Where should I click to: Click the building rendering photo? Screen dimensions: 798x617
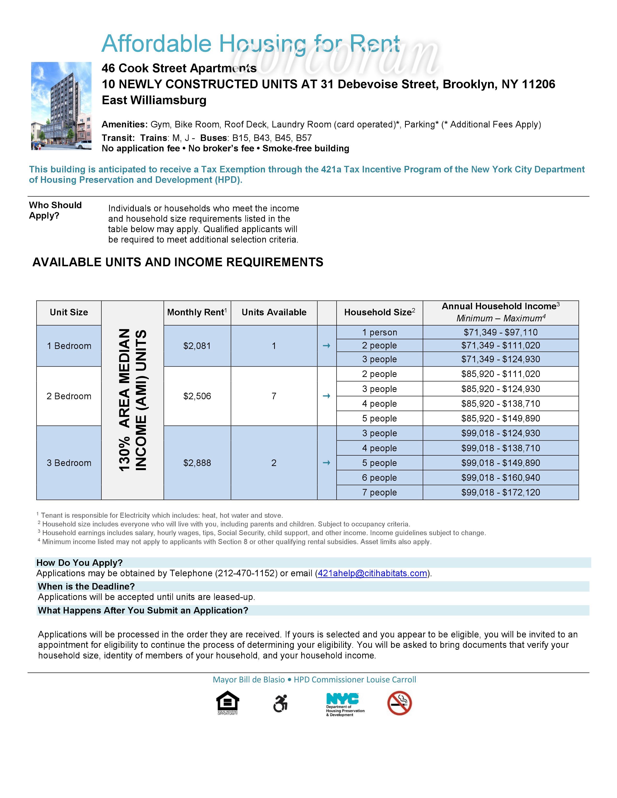tap(61, 106)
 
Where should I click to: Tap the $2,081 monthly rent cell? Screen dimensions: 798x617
tap(197, 346)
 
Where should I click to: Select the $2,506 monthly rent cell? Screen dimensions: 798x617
tap(197, 396)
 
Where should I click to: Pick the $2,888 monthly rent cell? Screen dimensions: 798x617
tap(197, 463)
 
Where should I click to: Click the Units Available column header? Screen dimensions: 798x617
tap(274, 312)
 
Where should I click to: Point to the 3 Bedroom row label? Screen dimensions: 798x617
tap(69, 463)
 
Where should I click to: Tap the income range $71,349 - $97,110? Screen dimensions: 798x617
tap(500, 332)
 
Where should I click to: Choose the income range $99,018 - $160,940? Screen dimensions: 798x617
tap(500, 478)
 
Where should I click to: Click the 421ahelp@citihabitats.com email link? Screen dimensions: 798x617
tap(372, 573)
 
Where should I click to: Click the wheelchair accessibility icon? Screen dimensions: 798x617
tap(280, 703)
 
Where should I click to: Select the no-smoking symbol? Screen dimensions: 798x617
tap(399, 703)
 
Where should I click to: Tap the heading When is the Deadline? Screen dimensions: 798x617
tap(86, 586)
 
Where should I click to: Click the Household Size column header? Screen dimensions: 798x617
tap(379, 312)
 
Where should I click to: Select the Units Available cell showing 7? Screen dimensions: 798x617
tap(274, 396)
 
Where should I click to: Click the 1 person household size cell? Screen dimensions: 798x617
tap(379, 332)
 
